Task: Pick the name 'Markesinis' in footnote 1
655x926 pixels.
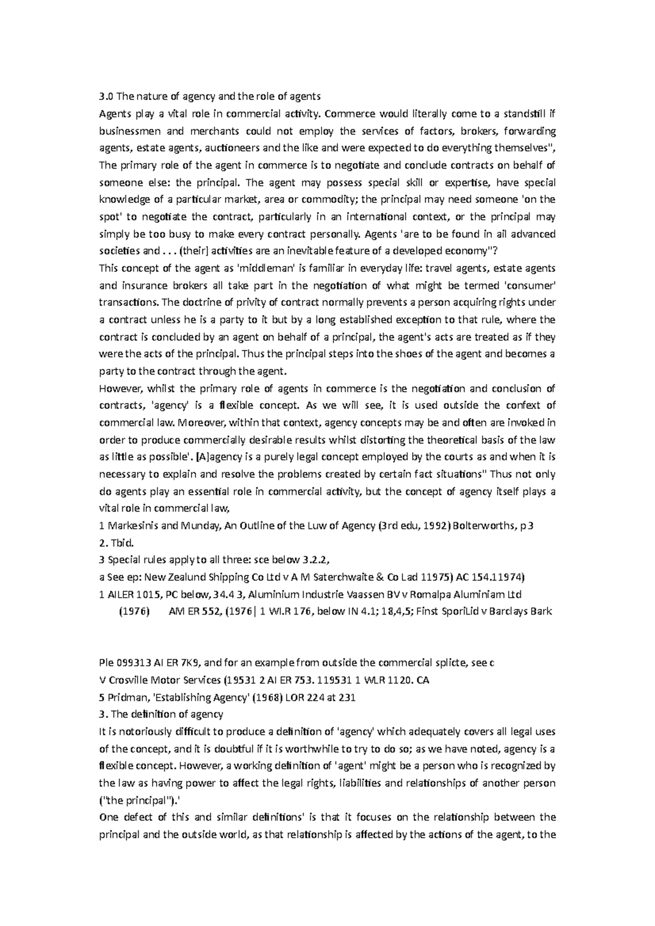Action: pyautogui.click(x=133, y=526)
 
